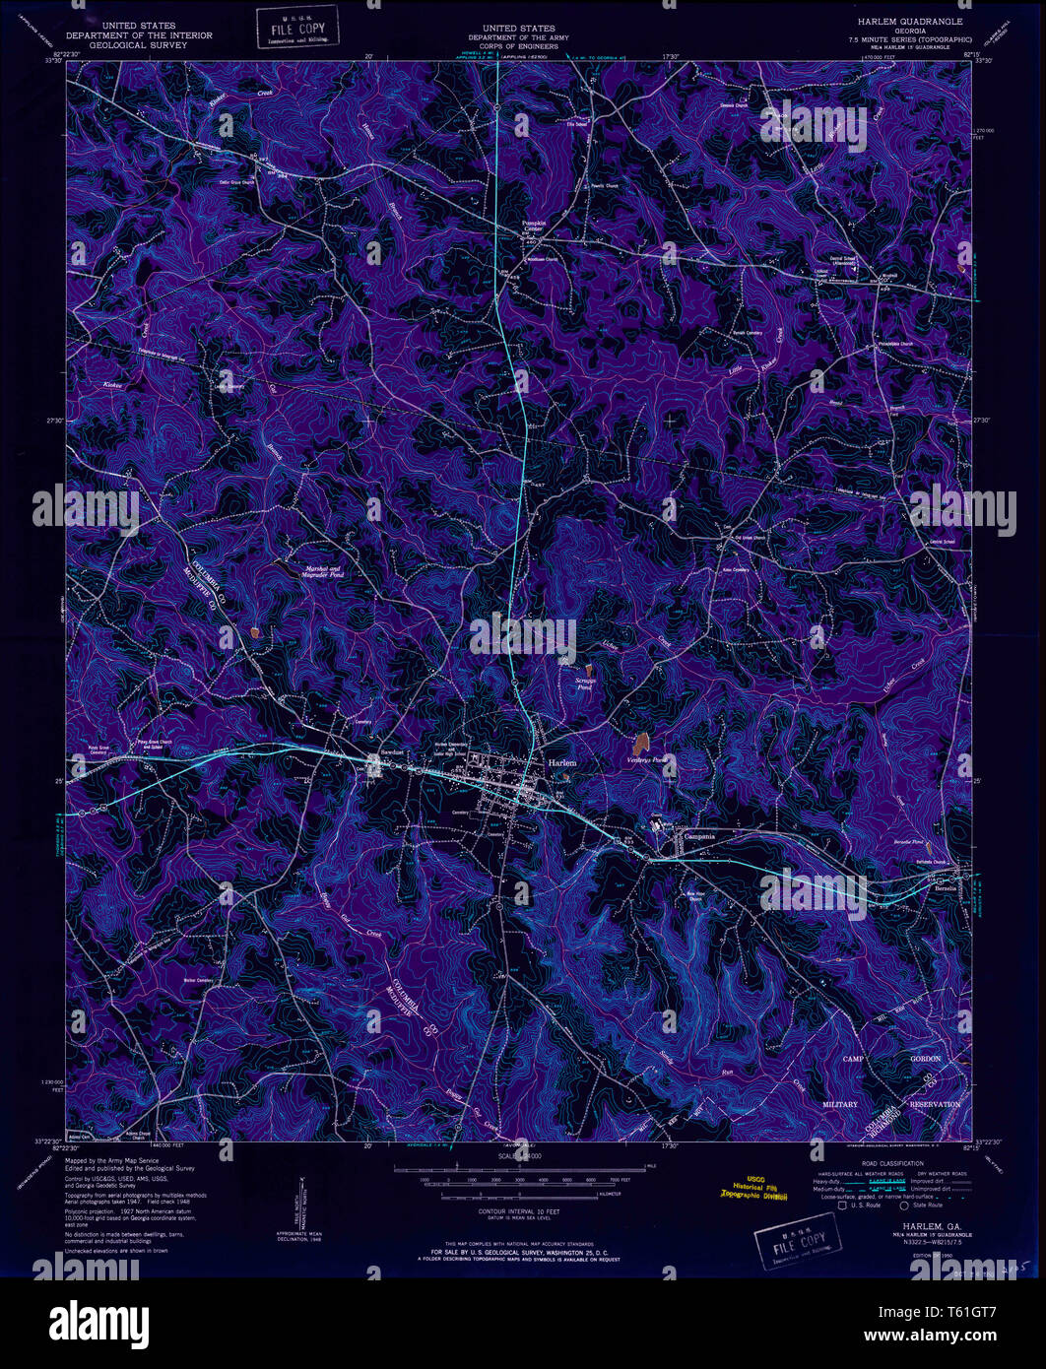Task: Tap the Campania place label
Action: tap(699, 836)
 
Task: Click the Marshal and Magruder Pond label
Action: tap(323, 573)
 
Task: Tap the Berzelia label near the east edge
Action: tap(946, 886)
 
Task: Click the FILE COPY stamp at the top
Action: tap(296, 27)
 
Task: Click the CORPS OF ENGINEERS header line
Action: tap(519, 46)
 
